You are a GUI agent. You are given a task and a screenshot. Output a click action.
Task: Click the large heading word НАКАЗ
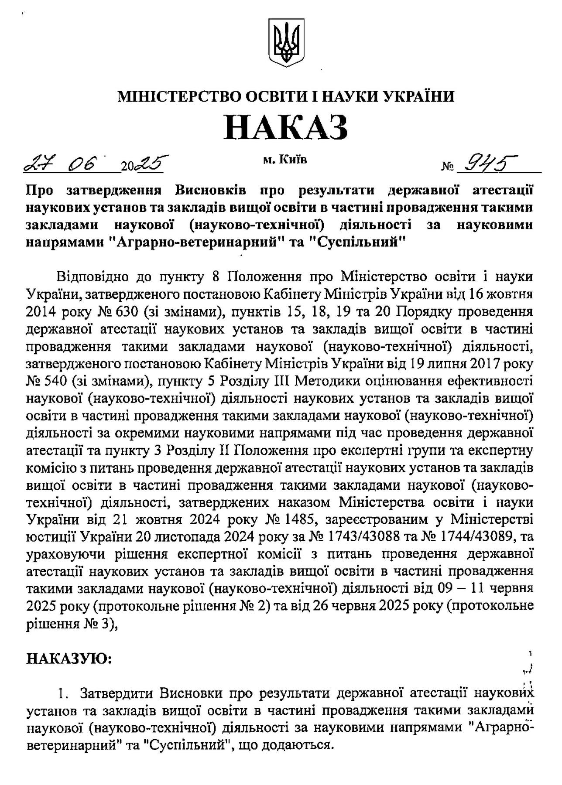(286, 126)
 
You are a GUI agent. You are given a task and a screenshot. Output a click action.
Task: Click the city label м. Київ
(285, 160)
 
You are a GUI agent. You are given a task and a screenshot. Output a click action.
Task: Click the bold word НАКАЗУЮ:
(70, 659)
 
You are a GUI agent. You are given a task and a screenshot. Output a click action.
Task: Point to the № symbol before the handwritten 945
(446, 167)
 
